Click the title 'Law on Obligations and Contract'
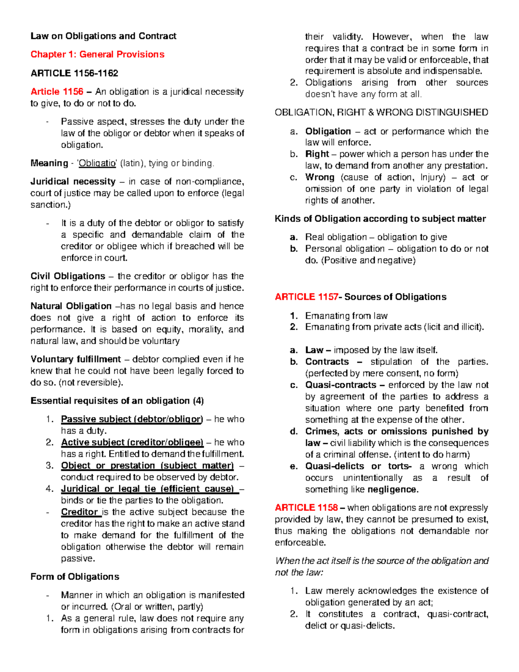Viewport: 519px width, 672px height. click(x=103, y=36)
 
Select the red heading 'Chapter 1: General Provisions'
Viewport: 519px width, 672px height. click(x=97, y=55)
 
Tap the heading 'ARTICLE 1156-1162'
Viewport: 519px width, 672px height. click(x=74, y=73)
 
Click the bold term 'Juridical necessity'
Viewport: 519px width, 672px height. click(x=73, y=182)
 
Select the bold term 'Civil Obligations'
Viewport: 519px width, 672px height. click(x=68, y=277)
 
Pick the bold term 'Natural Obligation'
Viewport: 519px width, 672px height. click(x=71, y=306)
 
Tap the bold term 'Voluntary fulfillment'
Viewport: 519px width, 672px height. click(x=76, y=360)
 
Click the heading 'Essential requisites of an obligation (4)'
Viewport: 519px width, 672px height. click(x=117, y=401)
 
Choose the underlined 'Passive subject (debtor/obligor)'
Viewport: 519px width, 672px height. click(x=132, y=419)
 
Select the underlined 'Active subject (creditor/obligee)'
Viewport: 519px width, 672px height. click(x=132, y=443)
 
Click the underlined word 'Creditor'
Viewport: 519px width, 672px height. click(x=80, y=512)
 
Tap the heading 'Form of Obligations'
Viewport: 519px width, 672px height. click(x=75, y=577)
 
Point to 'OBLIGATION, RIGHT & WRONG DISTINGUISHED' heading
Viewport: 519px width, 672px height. click(x=381, y=113)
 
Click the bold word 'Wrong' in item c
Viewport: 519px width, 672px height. click(x=320, y=177)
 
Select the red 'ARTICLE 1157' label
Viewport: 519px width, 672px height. click(x=307, y=297)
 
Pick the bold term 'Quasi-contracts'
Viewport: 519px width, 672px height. click(x=341, y=385)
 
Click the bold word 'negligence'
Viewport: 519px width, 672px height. click(x=392, y=490)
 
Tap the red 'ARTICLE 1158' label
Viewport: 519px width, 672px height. click(x=306, y=508)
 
